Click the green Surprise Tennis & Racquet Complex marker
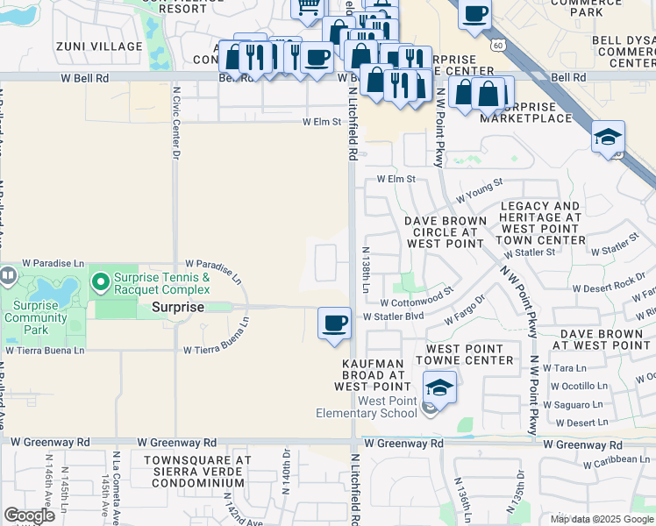pos(101,282)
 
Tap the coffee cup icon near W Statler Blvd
pos(334,323)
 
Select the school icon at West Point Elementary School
pos(439,387)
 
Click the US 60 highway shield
pos(499,44)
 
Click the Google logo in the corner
pos(29,515)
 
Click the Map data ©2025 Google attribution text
pos(601,519)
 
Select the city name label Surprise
pos(178,308)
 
